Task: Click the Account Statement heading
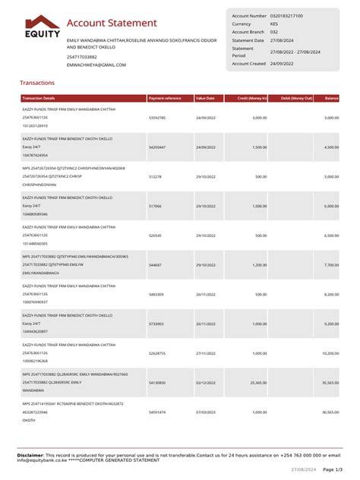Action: click(112, 24)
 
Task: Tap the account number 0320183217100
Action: click(286, 15)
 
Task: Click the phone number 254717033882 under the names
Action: click(82, 57)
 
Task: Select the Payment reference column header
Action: click(165, 99)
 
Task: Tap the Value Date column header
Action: click(205, 99)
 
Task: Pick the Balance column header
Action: click(332, 99)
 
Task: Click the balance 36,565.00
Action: click(330, 412)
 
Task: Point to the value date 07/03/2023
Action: click(207, 412)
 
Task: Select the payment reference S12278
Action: click(155, 176)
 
